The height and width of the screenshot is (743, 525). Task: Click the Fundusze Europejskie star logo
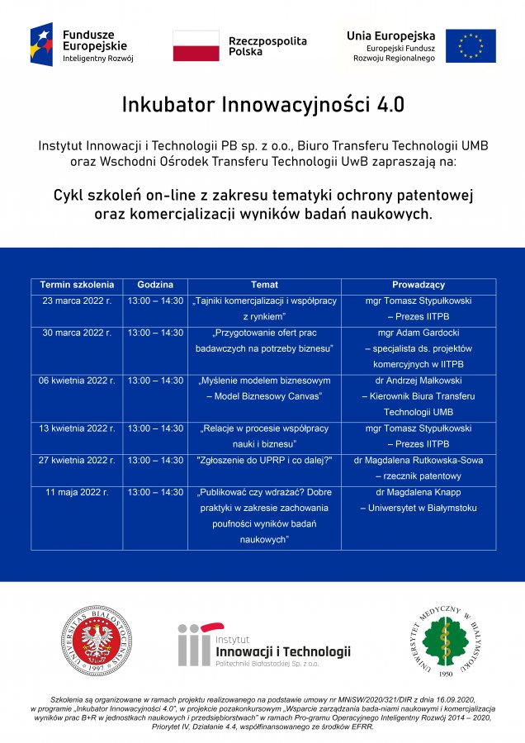coord(41,45)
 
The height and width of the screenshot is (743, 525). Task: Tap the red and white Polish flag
coord(196,46)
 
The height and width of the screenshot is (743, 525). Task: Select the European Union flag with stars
coord(471,46)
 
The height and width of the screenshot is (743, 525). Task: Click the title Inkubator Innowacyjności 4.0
coord(263,105)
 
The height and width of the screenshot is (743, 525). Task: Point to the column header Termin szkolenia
coord(77,285)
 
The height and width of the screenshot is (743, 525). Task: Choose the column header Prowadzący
coord(419,285)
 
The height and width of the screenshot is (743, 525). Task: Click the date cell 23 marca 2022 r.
coord(77,301)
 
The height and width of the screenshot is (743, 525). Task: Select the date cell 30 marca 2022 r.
coord(77,333)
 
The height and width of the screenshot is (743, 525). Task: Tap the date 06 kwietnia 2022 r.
coord(77,381)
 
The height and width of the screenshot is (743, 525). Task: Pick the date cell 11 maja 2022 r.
coord(77,492)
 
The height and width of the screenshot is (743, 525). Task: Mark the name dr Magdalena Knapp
coord(419,492)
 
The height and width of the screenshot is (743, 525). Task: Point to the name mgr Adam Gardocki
coord(419,333)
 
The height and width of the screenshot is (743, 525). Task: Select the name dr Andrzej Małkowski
coord(419,381)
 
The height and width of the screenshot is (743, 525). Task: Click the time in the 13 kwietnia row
coord(155,428)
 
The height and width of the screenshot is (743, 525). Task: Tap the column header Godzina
coord(155,285)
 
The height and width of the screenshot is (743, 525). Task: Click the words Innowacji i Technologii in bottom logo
coord(282,651)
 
